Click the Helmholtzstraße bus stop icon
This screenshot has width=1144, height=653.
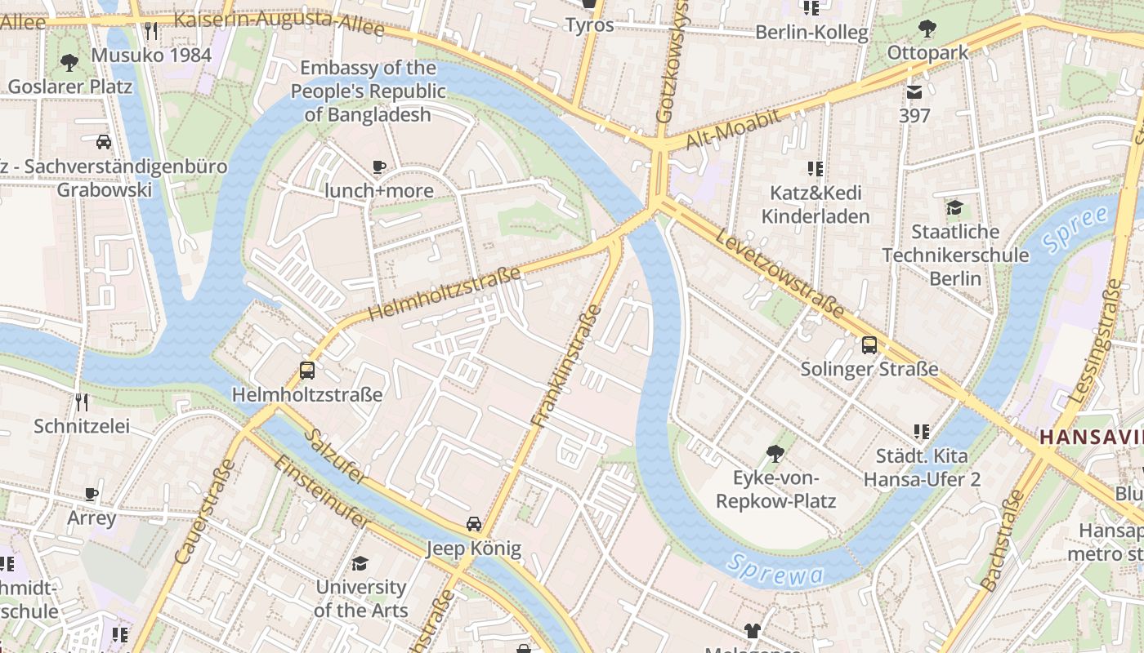(307, 371)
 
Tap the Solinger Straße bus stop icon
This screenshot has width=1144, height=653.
(869, 344)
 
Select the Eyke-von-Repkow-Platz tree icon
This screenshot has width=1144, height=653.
(775, 453)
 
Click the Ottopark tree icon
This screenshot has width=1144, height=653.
(927, 29)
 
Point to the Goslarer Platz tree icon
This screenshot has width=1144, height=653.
(69, 63)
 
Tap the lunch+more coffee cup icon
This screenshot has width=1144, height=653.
(379, 167)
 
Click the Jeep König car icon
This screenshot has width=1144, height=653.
(474, 524)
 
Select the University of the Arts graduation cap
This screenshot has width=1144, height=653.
(360, 563)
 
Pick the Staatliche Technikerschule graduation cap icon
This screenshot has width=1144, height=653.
(954, 207)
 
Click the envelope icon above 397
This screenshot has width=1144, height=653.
(914, 91)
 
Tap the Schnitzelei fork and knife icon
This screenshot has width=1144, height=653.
(81, 402)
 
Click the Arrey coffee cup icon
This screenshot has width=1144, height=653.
(92, 494)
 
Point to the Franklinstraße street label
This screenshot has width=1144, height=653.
(566, 366)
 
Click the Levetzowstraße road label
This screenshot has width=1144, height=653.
(780, 273)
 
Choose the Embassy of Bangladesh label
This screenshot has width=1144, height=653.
(368, 91)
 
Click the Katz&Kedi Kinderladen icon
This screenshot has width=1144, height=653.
(815, 169)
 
